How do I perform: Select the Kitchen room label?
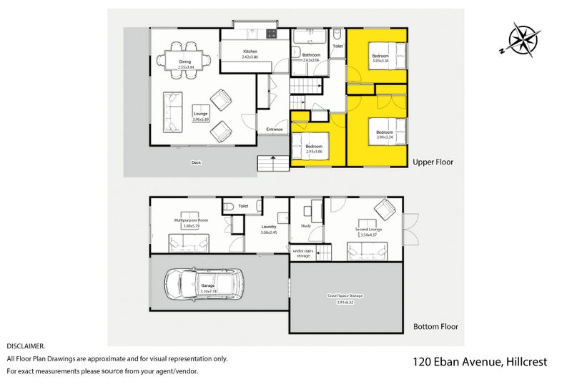pyautogui.click(x=250, y=54)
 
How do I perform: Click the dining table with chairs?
pyautogui.click(x=185, y=57)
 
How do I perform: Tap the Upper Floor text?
pyautogui.click(x=433, y=162)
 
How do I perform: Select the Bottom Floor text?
pyautogui.click(x=435, y=326)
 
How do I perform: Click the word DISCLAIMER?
pyautogui.click(x=26, y=346)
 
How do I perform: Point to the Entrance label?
pyautogui.click(x=275, y=129)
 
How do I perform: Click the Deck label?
pyautogui.click(x=196, y=162)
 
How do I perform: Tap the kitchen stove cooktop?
pyautogui.click(x=272, y=34)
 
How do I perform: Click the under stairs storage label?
pyautogui.click(x=303, y=253)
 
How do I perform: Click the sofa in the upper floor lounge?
pyautogui.click(x=172, y=112)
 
